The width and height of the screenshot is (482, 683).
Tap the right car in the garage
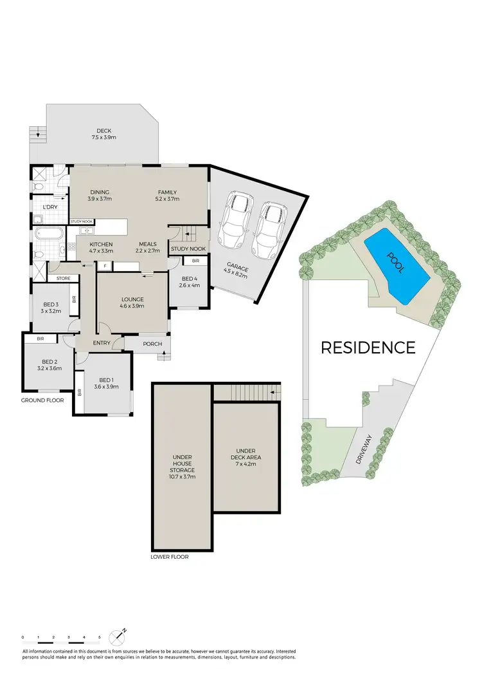(269, 229)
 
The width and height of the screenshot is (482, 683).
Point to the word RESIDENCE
(368, 348)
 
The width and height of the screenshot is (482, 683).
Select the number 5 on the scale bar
(100, 637)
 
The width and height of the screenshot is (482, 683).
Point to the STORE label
(63, 279)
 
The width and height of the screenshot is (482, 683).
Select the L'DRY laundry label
(50, 207)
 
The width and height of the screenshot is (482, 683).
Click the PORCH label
(152, 344)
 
